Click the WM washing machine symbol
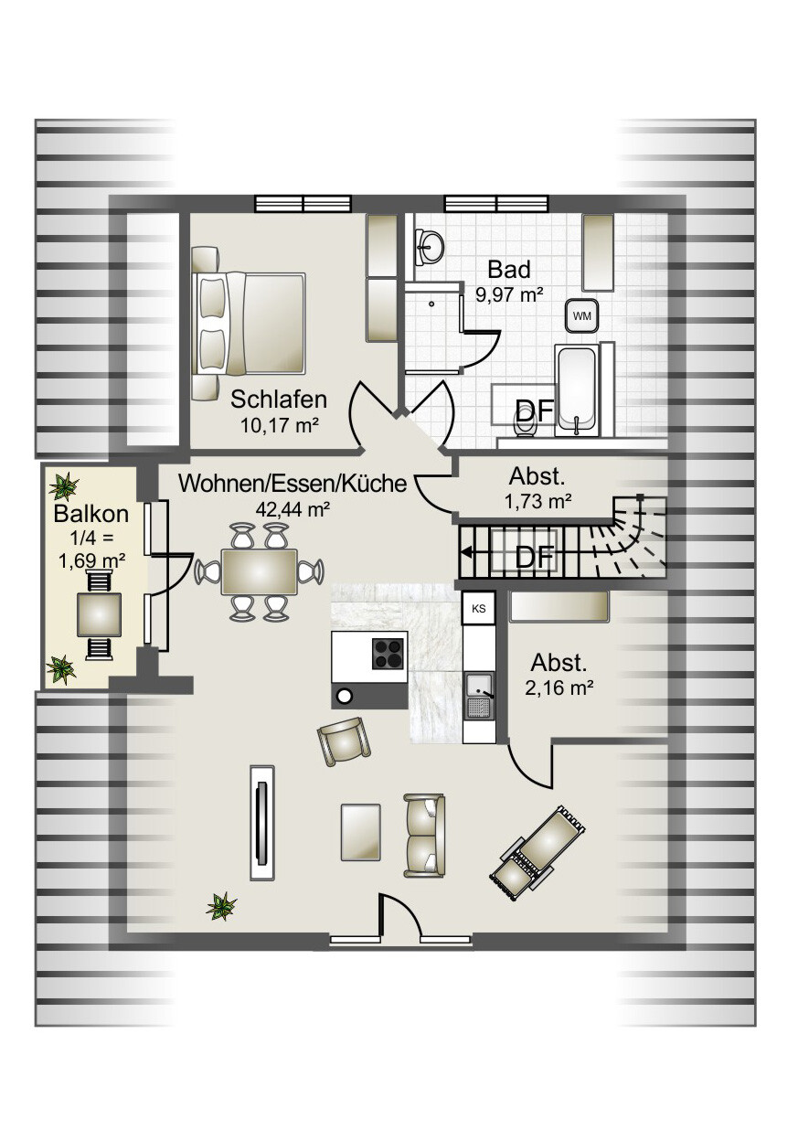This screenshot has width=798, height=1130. (582, 315)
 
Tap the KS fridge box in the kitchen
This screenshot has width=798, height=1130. (479, 608)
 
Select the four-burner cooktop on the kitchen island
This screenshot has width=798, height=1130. (388, 654)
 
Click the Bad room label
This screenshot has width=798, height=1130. (509, 270)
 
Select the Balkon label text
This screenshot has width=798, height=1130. (91, 514)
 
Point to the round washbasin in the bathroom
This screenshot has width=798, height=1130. (430, 247)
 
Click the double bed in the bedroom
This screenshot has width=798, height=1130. (250, 324)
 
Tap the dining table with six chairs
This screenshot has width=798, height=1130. (259, 571)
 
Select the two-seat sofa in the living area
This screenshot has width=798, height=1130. (424, 836)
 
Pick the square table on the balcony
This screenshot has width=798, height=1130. (99, 614)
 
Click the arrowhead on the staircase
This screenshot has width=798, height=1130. (467, 552)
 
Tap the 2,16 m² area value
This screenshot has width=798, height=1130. (559, 688)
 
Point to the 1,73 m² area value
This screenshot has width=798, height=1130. (538, 501)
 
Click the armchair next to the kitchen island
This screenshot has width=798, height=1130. (344, 742)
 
